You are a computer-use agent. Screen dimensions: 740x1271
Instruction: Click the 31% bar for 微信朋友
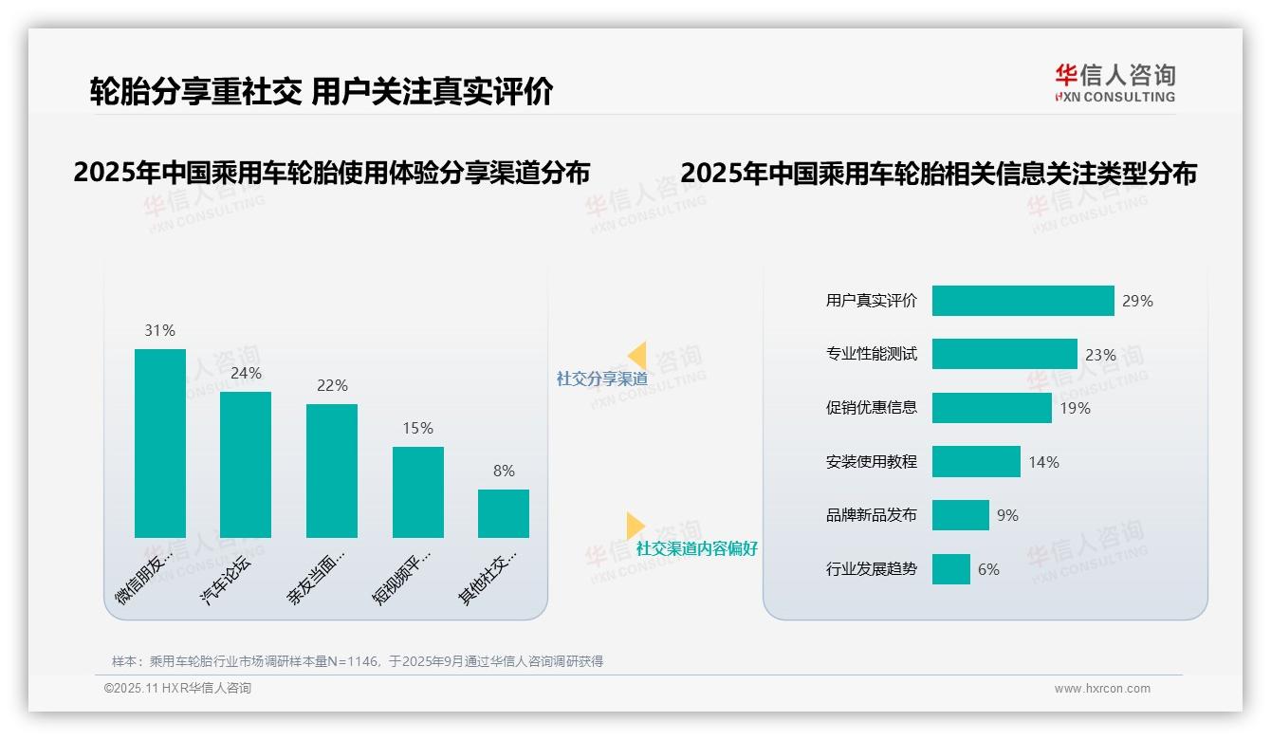pos(159,443)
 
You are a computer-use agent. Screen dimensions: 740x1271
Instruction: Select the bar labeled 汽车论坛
pos(246,465)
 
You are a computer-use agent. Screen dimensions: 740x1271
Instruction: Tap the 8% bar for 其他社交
pos(503,513)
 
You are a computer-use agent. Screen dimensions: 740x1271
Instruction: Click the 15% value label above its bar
pos(417,428)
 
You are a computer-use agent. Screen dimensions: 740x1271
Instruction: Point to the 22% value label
pos(332,385)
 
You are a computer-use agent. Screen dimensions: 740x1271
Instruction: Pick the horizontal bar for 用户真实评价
pos(1022,301)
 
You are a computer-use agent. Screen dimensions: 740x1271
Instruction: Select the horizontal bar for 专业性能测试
pos(1004,354)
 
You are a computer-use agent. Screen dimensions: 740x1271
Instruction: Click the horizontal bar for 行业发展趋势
pos(950,569)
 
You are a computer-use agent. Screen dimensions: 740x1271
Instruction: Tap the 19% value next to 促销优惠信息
pos(1075,408)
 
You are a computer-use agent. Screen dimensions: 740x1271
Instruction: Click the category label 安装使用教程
pos(871,462)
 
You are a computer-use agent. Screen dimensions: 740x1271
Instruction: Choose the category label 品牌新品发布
pos(871,515)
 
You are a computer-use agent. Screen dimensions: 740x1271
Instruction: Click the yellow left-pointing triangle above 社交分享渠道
pos(637,356)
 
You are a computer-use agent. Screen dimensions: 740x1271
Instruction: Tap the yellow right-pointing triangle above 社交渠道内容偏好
pos(635,526)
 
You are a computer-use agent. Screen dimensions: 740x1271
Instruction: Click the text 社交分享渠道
pos(601,379)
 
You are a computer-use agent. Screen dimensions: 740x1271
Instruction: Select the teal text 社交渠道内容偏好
pos(696,548)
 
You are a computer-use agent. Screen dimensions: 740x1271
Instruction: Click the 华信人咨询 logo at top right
pos(1114,83)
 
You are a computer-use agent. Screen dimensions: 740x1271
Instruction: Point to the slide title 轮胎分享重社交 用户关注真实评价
pos(321,92)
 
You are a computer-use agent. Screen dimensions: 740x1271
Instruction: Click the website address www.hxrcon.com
pos(1102,689)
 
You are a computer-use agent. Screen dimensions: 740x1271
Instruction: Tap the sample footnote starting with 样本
pos(357,661)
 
